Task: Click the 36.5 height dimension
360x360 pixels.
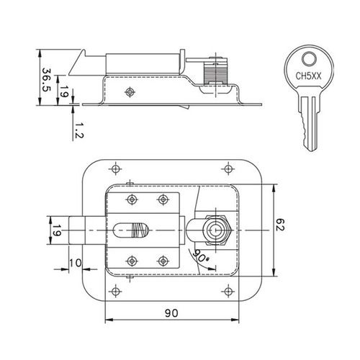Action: click(46, 80)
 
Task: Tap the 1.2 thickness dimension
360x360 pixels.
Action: click(78, 130)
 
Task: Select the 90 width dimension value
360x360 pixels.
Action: click(171, 313)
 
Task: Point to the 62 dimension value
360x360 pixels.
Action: click(280, 225)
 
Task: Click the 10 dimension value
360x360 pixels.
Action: click(76, 263)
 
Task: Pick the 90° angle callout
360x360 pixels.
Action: click(201, 256)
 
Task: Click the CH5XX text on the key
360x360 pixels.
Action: click(308, 76)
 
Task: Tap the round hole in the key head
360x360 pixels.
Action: click(309, 59)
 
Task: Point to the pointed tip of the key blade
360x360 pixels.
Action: click(312, 151)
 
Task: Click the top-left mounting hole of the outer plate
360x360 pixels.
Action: click(115, 168)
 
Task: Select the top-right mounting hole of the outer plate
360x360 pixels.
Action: click(228, 168)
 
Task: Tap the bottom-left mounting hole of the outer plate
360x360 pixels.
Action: click(115, 292)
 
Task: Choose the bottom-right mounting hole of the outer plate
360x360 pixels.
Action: click(228, 292)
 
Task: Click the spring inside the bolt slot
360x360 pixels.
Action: click(138, 230)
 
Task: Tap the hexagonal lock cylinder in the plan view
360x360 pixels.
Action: click(217, 230)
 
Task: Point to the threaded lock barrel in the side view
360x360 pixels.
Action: click(215, 72)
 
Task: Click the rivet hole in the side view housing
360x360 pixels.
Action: click(130, 92)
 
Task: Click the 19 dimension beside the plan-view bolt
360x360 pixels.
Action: click(57, 230)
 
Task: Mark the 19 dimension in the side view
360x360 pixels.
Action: click(63, 91)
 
